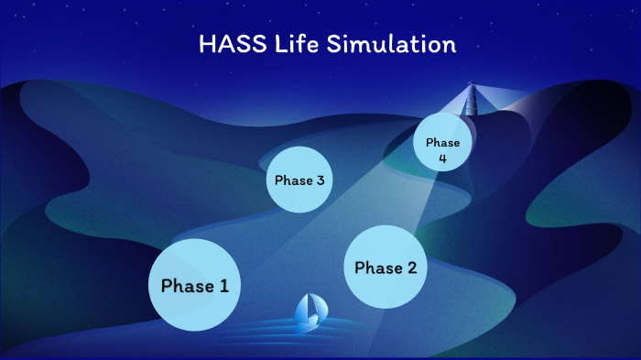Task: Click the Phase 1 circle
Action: (x=194, y=285)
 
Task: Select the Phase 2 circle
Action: (x=385, y=267)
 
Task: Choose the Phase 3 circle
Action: (x=299, y=180)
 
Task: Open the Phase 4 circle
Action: (x=442, y=145)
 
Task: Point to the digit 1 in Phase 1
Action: (x=223, y=286)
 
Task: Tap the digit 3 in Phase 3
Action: (x=320, y=180)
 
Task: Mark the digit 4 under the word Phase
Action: (x=442, y=158)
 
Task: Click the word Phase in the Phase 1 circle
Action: (x=187, y=286)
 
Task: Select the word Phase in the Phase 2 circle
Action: (x=377, y=267)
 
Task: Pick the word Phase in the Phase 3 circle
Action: (x=293, y=180)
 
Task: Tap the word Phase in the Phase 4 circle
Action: (x=442, y=143)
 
